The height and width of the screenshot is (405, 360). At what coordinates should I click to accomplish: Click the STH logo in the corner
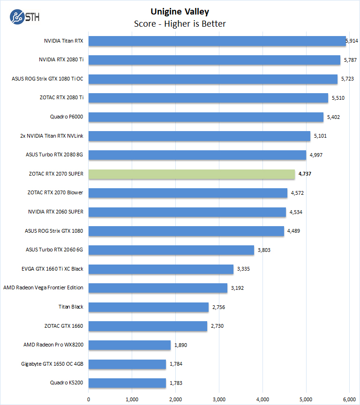tap(24, 17)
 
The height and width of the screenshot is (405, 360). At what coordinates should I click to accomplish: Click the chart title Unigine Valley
tap(180, 12)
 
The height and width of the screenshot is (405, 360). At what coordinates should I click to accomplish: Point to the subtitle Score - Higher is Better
tap(180, 23)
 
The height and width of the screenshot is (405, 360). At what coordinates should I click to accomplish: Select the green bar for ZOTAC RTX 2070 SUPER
tap(192, 174)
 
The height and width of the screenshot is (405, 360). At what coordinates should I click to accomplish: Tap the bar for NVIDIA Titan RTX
tap(217, 41)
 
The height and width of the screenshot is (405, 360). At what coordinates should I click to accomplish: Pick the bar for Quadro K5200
tap(127, 383)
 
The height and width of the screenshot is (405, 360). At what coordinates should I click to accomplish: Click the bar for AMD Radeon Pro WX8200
tap(129, 345)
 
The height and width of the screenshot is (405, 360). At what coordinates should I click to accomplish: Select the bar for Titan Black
tap(149, 307)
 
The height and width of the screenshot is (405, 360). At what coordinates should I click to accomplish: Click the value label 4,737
tap(304, 174)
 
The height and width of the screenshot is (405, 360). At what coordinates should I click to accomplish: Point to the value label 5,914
tap(352, 41)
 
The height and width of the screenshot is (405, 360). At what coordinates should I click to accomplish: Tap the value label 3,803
tap(263, 250)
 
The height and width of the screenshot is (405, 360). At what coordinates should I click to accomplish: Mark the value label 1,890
tap(180, 345)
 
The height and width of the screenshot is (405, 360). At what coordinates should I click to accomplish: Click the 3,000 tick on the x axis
tap(219, 399)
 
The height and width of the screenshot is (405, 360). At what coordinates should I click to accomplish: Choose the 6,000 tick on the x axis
tap(350, 399)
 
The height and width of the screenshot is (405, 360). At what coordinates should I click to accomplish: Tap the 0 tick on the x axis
tap(89, 399)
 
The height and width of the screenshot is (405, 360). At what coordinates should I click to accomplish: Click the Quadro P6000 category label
tap(67, 117)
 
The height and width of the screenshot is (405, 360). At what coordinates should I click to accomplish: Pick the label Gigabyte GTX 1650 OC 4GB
tap(52, 364)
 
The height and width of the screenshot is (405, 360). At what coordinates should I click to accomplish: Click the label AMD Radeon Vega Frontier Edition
tap(43, 288)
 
